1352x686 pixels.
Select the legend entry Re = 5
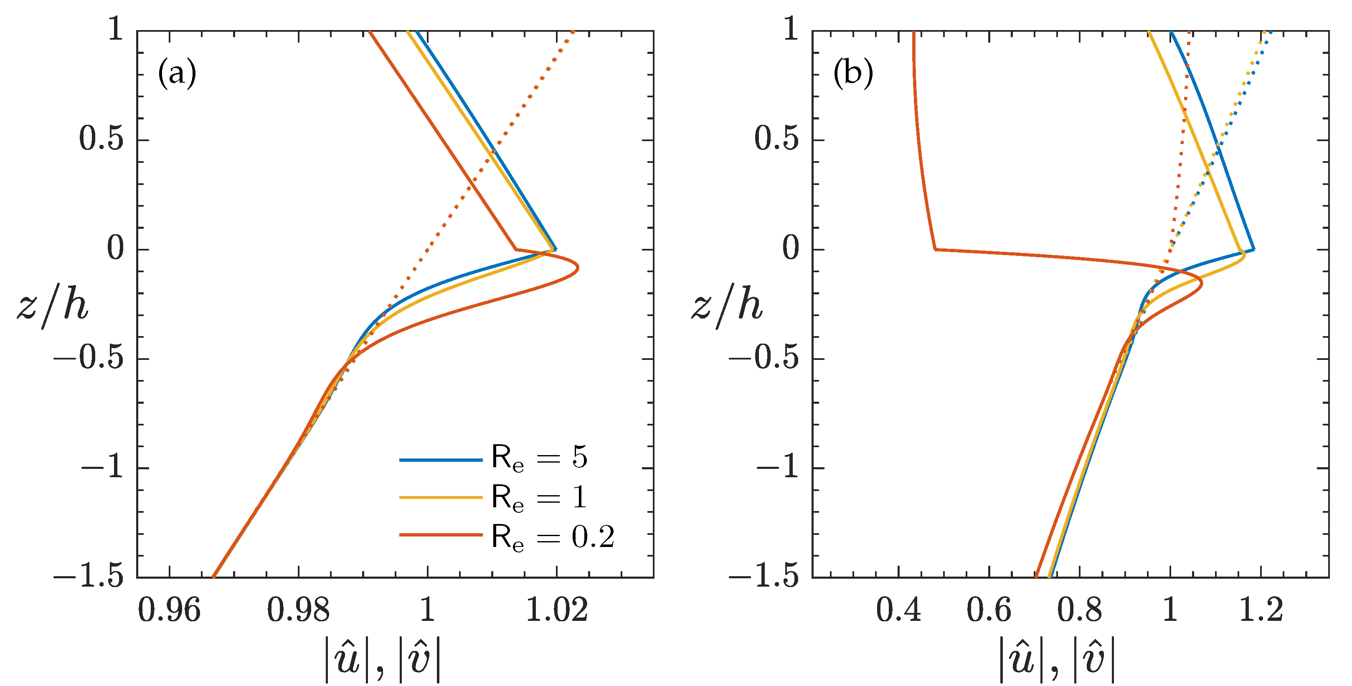pyautogui.click(x=540, y=458)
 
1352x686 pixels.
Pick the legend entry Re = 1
pyautogui.click(x=540, y=497)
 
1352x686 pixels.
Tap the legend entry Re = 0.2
pyautogui.click(x=552, y=537)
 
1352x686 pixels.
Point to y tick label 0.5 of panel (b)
pyautogui.click(x=776, y=139)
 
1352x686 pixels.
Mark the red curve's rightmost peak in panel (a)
pyautogui.click(x=578, y=268)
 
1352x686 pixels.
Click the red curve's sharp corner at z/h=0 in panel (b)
pyautogui.click(x=935, y=249)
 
